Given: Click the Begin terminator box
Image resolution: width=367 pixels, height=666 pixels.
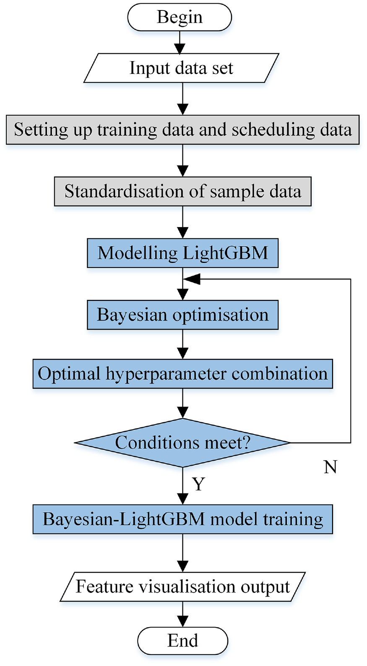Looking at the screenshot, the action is coord(180,17).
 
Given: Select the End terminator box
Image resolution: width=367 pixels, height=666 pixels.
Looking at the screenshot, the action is coord(182,641).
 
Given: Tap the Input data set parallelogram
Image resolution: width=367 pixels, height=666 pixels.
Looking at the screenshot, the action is coord(181,68).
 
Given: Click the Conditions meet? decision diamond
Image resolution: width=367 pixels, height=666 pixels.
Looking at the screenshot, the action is coord(182,443).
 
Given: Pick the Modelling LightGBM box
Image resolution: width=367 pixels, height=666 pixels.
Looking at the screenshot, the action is coord(183,253).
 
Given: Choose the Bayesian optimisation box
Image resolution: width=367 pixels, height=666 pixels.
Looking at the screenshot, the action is coord(183,315).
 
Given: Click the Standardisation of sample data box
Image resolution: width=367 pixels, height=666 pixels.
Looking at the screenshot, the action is coord(183,191).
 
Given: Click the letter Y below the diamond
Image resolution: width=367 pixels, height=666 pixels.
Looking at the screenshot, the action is coord(198,484).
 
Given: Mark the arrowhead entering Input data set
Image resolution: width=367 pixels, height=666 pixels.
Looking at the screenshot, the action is coord(180,48).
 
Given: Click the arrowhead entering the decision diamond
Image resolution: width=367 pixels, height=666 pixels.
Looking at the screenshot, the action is coord(182,413).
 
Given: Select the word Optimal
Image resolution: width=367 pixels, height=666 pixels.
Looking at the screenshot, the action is coord(69,374).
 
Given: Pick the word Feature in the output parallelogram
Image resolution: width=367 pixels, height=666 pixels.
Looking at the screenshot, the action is coord(104,586).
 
